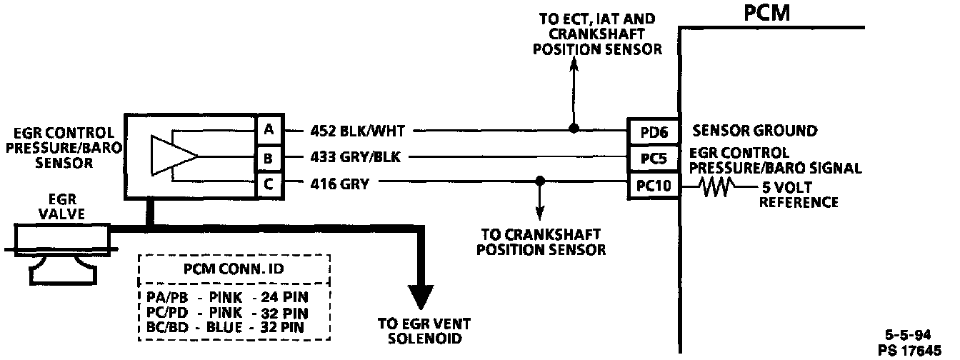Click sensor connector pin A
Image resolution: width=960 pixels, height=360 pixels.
(269, 131)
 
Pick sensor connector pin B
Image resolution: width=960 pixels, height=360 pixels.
(269, 157)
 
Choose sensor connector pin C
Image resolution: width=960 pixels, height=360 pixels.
(269, 184)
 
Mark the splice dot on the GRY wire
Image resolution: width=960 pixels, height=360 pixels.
(540, 183)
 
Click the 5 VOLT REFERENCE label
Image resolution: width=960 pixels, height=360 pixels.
(798, 196)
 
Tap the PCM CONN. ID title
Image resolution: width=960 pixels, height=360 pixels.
(234, 271)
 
